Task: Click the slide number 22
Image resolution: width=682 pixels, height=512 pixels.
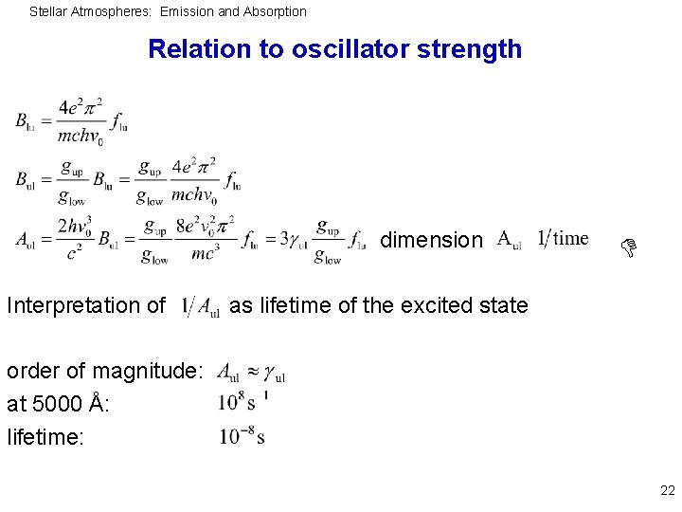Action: [x=667, y=491]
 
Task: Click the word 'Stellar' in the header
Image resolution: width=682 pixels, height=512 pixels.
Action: [x=48, y=11]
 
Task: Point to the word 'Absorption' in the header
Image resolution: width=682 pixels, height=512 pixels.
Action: [x=274, y=11]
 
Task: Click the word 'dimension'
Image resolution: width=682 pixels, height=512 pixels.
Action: [x=431, y=241]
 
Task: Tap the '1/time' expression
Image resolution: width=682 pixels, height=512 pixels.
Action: [x=563, y=238]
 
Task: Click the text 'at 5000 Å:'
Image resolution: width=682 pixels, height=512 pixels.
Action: [x=57, y=404]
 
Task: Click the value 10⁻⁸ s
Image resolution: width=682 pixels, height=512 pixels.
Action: [x=242, y=436]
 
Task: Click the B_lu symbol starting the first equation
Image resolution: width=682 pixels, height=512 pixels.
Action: [x=26, y=121]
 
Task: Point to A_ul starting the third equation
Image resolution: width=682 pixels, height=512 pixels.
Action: [x=26, y=240]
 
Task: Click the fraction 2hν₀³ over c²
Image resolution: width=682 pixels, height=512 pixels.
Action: [x=75, y=240]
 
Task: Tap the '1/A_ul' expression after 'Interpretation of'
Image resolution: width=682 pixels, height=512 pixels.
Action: [x=202, y=306]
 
